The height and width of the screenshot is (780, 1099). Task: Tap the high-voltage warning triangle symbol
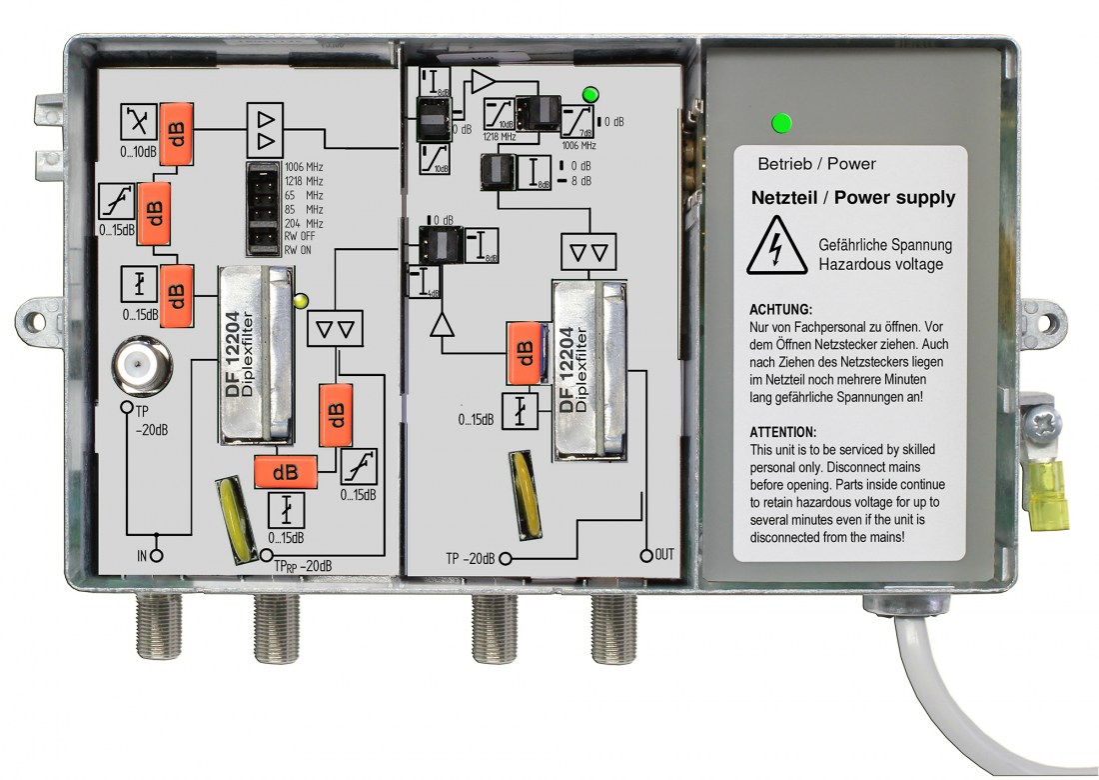coord(776,248)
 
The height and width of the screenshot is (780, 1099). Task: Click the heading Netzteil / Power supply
coord(853,198)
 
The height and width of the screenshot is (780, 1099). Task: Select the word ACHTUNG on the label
coord(780,310)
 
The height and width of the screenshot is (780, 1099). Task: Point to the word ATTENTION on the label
coord(783,432)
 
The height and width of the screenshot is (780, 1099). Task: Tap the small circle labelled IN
coord(156,553)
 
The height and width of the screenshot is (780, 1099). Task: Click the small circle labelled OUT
coord(645,554)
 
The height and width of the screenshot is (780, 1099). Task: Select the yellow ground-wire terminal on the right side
coord(1045,497)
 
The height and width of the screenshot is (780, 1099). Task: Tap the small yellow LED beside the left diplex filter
coord(300,298)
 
